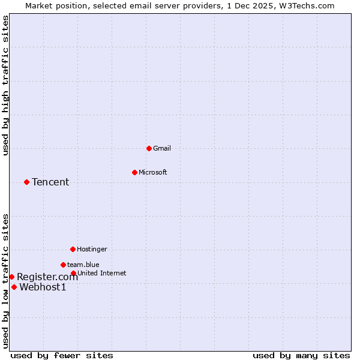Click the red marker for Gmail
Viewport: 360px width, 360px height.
click(x=149, y=148)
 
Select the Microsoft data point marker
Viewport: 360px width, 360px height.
click(x=134, y=172)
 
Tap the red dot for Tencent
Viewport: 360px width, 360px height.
click(x=26, y=182)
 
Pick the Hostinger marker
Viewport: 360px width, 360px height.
click(x=73, y=249)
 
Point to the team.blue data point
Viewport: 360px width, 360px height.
click(x=63, y=265)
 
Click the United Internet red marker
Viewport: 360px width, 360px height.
click(x=73, y=273)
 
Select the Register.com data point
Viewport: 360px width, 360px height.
click(x=11, y=277)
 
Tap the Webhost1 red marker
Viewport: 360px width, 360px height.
click(x=14, y=287)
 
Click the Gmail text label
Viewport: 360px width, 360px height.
click(x=162, y=148)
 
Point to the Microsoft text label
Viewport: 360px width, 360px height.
click(x=153, y=172)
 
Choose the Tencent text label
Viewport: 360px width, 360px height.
click(x=50, y=182)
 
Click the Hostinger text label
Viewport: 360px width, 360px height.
click(x=92, y=249)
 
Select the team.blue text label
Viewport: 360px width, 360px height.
click(x=83, y=265)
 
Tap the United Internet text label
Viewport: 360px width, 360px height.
click(x=102, y=273)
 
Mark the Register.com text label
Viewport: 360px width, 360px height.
click(x=47, y=277)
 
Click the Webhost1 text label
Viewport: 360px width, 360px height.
click(x=43, y=287)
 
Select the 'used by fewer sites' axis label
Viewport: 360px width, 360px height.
click(x=62, y=356)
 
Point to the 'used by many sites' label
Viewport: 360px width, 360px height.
click(x=301, y=356)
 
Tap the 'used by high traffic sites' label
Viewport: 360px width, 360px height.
click(x=5, y=86)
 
